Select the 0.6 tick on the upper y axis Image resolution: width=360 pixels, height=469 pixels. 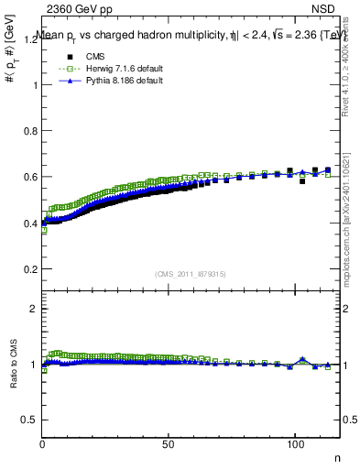[x=31, y=177]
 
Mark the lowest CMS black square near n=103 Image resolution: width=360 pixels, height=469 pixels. [x=302, y=181]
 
